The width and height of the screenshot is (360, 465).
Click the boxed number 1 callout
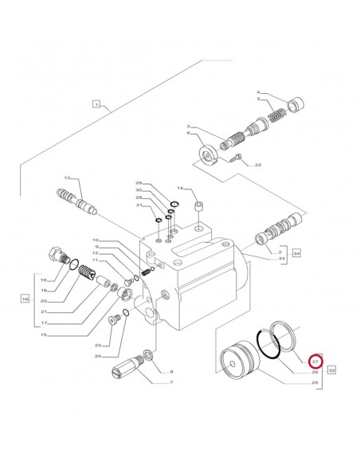click(96, 104)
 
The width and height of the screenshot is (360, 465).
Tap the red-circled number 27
click(315, 361)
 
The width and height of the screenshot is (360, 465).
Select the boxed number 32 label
click(332, 369)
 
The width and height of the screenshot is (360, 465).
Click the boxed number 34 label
click(295, 253)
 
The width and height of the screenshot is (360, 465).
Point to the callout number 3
click(188, 127)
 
